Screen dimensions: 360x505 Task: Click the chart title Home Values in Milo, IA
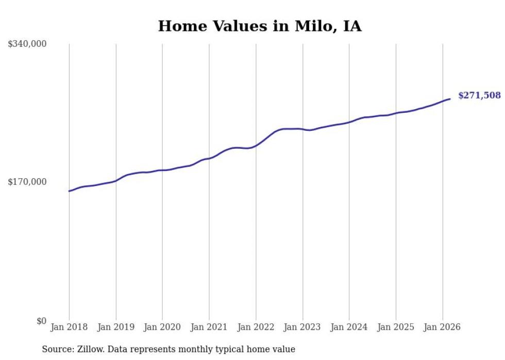pos(260,26)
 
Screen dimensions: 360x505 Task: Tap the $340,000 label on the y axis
pos(27,44)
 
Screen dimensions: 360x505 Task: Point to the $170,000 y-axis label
pos(27,182)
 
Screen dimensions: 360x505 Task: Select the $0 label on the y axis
pos(41,321)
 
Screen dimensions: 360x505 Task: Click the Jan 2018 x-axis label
pos(69,327)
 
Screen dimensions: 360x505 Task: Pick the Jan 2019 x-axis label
pos(116,327)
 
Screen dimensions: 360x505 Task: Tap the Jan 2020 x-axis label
pos(162,327)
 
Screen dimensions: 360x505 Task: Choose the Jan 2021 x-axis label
pos(209,327)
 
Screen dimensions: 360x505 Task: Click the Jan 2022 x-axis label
pos(256,327)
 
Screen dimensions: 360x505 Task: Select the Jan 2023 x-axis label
pos(302,327)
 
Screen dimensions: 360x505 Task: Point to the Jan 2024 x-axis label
pos(349,327)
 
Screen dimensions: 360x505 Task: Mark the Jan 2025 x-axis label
pos(396,327)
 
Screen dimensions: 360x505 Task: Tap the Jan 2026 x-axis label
pos(442,327)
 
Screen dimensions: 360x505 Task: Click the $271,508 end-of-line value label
pos(479,95)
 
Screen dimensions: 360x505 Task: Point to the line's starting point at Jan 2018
pos(69,191)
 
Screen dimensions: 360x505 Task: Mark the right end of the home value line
pos(450,99)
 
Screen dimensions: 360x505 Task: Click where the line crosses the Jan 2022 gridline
pos(256,146)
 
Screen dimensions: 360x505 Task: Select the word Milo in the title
pos(312,26)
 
